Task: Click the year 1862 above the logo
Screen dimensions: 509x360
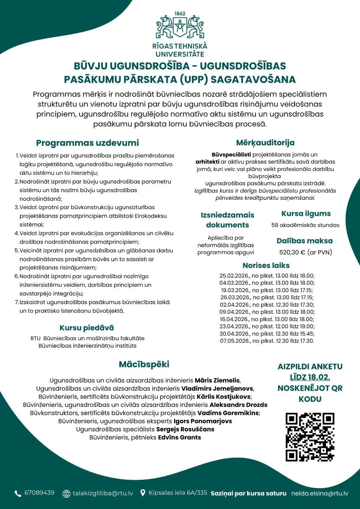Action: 180,14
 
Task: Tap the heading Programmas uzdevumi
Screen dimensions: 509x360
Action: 87,143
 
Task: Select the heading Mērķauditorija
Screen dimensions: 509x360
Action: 265,143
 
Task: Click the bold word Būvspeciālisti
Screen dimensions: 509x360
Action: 229,155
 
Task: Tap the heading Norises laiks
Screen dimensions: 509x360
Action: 266,266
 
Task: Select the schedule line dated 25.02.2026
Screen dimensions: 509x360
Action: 267,276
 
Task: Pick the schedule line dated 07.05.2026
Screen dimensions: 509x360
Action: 267,341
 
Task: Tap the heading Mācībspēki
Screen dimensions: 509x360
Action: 144,364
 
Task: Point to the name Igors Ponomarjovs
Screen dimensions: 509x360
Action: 203,421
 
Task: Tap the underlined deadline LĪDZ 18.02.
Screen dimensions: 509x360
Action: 310,377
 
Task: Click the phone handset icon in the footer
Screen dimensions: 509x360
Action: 18,493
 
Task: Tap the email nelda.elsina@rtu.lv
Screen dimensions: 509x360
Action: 320,493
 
